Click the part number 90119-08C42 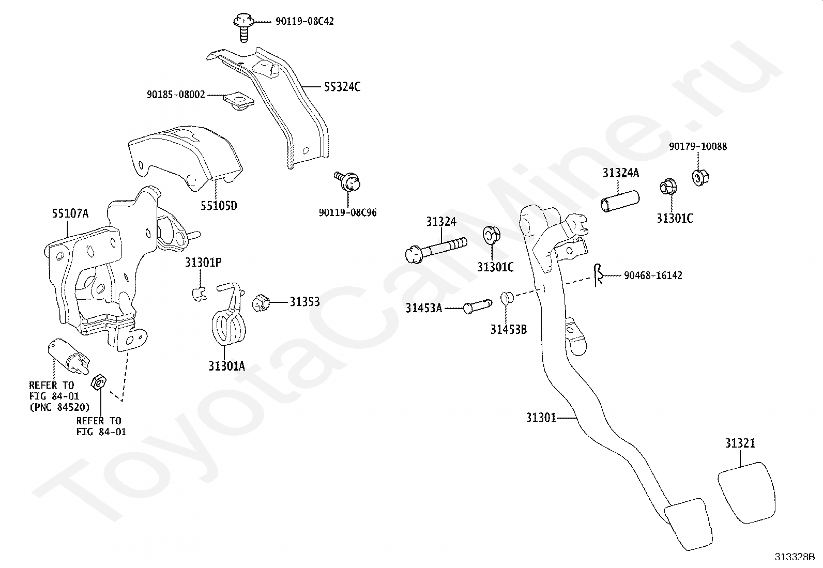point(304,22)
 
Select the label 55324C point(342,87)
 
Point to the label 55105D point(219,206)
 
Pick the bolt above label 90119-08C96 point(349,181)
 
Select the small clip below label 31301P point(197,294)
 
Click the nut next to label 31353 point(262,302)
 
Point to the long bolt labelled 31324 point(434,249)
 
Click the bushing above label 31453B point(506,298)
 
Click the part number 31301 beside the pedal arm point(541,417)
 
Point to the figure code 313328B point(794,557)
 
